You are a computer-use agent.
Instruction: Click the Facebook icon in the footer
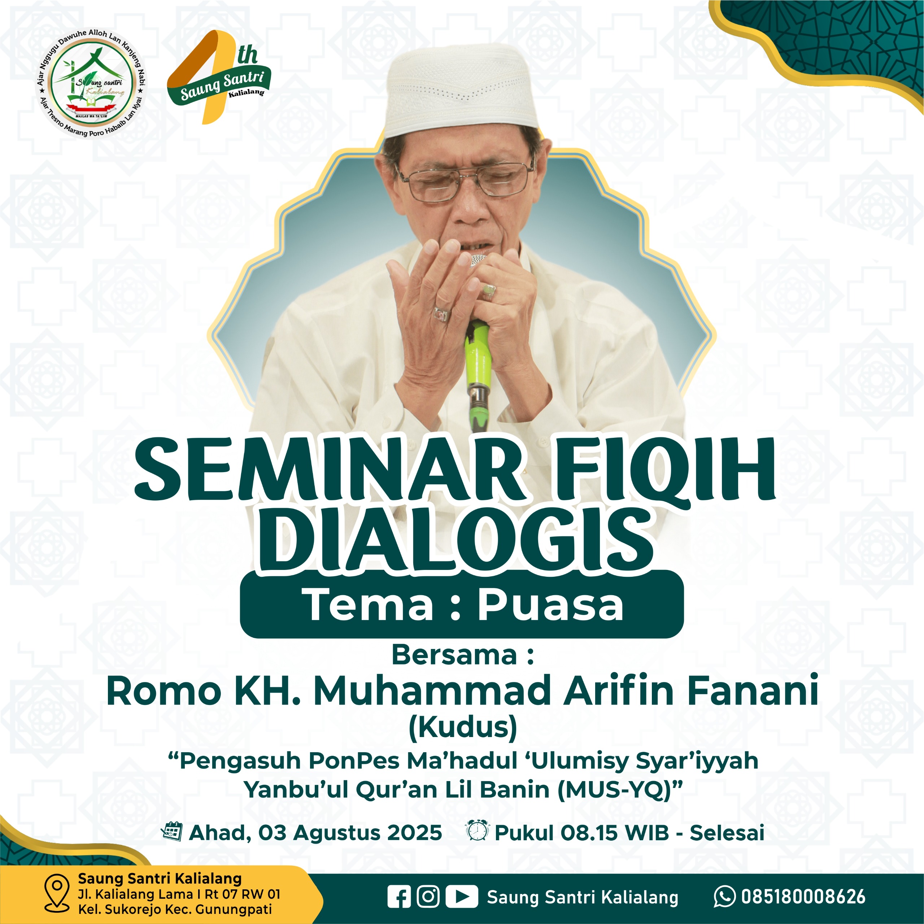(x=399, y=897)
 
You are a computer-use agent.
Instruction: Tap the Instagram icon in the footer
(x=428, y=896)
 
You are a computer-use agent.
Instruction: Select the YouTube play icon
(x=462, y=897)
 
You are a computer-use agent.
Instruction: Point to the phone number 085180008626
(x=803, y=897)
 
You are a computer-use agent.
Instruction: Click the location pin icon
(x=56, y=893)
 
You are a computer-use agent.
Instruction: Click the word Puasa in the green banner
(x=551, y=605)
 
